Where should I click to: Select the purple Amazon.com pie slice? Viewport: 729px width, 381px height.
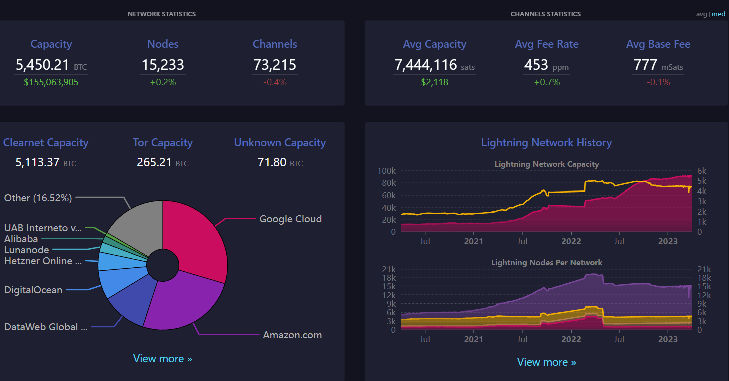pyautogui.click(x=182, y=303)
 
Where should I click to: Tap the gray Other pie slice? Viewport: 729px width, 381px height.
pyautogui.click(x=140, y=225)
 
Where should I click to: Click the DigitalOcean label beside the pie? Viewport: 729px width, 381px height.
pyautogui.click(x=33, y=290)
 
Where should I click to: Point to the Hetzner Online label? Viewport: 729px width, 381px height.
pyautogui.click(x=43, y=261)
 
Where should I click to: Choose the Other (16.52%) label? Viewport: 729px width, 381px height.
pyautogui.click(x=38, y=198)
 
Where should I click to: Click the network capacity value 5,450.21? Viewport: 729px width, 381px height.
pyautogui.click(x=42, y=65)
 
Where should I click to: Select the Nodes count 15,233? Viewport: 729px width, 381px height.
pyautogui.click(x=163, y=65)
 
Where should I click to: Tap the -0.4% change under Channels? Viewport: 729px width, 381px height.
pyautogui.click(x=275, y=82)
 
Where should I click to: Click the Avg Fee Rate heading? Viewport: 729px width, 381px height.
pyautogui.click(x=547, y=44)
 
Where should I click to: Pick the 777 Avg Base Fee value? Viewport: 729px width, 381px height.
pyautogui.click(x=645, y=65)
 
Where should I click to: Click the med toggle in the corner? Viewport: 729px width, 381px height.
pyautogui.click(x=718, y=14)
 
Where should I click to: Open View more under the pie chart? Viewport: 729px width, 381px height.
pyautogui.click(x=163, y=358)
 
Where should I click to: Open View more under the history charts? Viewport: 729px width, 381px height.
pyautogui.click(x=547, y=362)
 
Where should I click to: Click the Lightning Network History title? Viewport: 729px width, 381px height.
pyautogui.click(x=547, y=143)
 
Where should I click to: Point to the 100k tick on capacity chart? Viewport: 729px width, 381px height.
pyautogui.click(x=387, y=171)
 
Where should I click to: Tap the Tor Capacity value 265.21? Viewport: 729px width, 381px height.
pyautogui.click(x=154, y=162)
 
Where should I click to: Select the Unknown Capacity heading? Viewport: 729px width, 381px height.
pyautogui.click(x=280, y=143)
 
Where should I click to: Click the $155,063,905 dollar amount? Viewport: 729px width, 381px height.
pyautogui.click(x=51, y=82)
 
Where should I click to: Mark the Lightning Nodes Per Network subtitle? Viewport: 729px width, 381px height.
pyautogui.click(x=547, y=263)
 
